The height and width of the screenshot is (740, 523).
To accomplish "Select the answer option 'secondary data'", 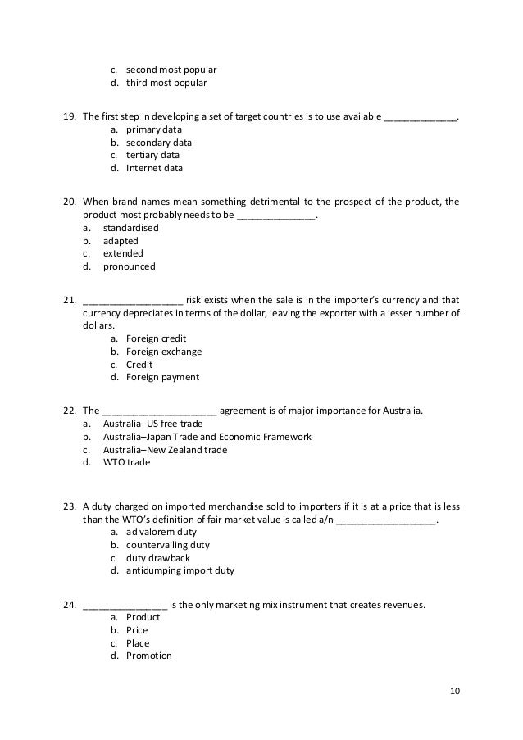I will (x=159, y=142).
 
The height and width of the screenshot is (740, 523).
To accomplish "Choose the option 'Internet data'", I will (x=154, y=169).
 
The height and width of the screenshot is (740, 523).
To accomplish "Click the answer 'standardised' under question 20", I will (x=131, y=228).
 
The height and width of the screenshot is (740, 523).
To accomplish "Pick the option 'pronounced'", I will (x=129, y=266).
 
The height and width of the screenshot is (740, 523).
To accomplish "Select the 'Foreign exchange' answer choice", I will (x=164, y=352).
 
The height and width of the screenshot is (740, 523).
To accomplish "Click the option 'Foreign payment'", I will (x=162, y=378).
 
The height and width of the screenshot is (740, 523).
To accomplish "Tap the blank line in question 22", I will (x=159, y=411).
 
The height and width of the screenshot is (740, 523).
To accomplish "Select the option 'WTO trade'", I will (x=127, y=462).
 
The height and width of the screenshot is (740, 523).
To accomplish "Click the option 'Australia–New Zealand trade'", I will (x=166, y=450).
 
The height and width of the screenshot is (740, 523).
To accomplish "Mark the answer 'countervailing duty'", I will (x=168, y=544).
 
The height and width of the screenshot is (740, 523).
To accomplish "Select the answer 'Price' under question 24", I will (x=137, y=630).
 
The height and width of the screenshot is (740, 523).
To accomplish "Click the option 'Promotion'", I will (x=148, y=656).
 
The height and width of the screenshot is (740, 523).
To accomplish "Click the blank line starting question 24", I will (x=125, y=606).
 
